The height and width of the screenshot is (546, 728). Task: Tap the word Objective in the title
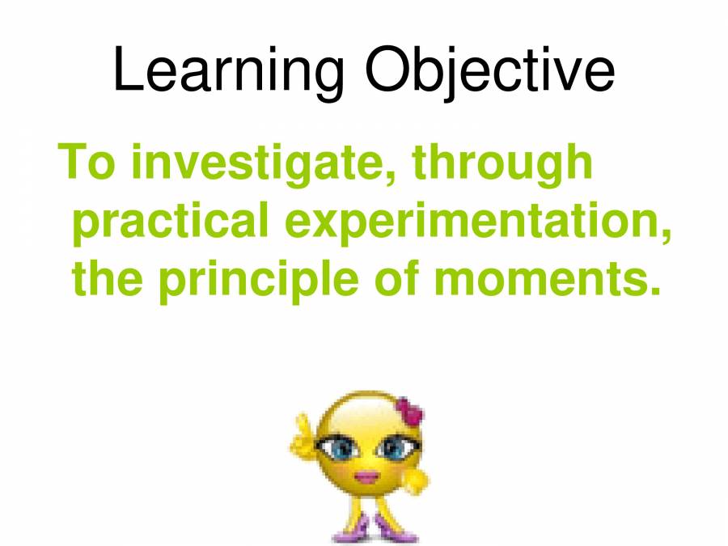click(480, 71)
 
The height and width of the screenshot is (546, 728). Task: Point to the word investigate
click(260, 163)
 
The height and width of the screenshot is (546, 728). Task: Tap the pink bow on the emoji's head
click(409, 413)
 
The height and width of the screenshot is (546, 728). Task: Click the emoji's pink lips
click(367, 476)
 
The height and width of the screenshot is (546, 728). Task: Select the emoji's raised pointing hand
click(301, 438)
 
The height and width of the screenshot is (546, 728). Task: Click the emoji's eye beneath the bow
click(394, 447)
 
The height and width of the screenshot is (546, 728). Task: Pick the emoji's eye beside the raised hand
click(334, 447)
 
